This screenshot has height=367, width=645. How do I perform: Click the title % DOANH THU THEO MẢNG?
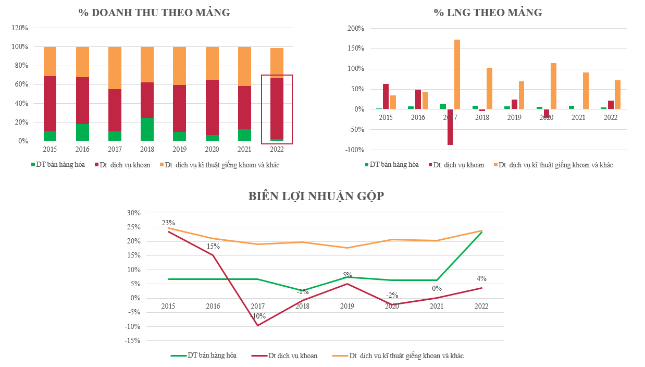point(154,13)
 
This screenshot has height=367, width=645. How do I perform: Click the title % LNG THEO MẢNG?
point(488,13)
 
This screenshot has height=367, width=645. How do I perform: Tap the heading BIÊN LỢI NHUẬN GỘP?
point(316,196)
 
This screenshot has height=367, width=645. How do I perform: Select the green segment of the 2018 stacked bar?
point(147,129)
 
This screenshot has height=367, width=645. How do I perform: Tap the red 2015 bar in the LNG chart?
point(386,96)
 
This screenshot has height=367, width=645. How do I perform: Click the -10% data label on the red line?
point(257,316)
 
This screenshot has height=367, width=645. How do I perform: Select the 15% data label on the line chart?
point(213,246)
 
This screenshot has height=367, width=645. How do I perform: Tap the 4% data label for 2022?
point(481,279)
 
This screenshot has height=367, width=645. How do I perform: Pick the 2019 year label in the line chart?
point(347,306)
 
